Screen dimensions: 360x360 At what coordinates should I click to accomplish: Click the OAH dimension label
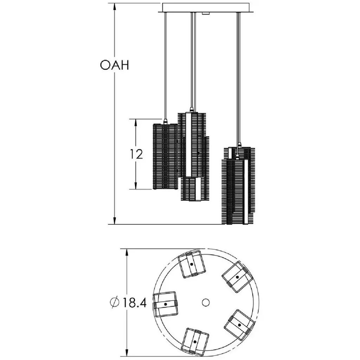[x=114, y=65]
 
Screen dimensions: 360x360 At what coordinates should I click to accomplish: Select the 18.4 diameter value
[x=135, y=303]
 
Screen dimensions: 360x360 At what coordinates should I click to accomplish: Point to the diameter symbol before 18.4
[x=115, y=303]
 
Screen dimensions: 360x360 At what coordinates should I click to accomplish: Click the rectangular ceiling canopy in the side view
[x=206, y=8]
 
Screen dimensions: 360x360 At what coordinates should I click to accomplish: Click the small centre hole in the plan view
[x=206, y=302]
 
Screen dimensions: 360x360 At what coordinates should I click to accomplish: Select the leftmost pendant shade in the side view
[x=165, y=156]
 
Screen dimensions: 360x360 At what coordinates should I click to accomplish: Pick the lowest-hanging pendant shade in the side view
[x=238, y=186]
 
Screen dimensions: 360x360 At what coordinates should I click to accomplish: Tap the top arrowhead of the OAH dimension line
[x=115, y=7]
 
